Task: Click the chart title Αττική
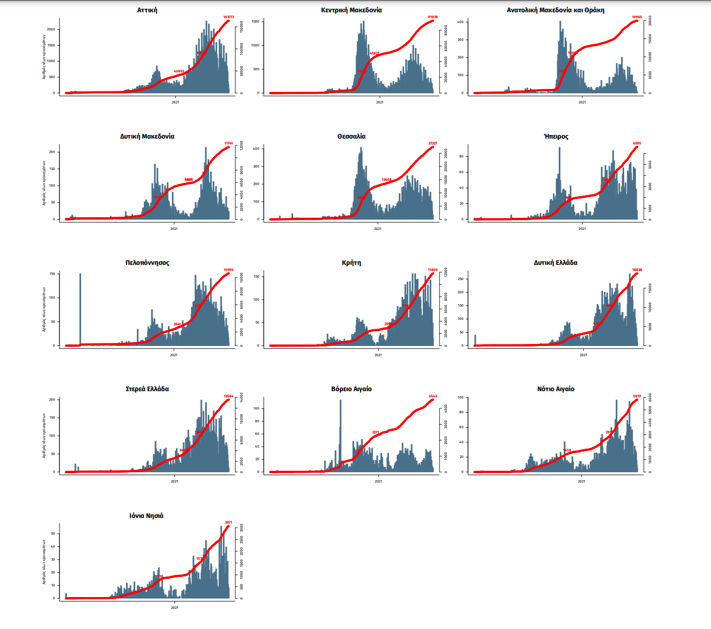tap(147, 10)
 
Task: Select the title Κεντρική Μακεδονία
tap(352, 10)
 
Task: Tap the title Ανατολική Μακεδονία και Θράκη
tap(555, 10)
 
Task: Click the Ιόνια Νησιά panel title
tap(146, 515)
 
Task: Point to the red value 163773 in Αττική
tap(229, 17)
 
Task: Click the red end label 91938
tap(433, 17)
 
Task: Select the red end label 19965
tap(637, 17)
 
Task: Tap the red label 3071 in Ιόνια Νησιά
tap(228, 522)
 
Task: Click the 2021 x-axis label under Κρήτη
tap(378, 355)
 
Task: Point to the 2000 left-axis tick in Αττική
tap(51, 29)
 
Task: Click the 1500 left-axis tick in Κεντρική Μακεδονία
tap(255, 22)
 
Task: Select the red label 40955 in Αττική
tap(179, 71)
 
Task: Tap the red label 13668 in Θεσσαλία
tap(386, 180)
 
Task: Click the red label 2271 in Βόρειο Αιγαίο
tap(376, 432)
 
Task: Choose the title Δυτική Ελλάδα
tap(555, 263)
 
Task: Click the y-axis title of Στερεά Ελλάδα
tap(44, 435)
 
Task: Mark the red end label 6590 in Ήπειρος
tap(637, 143)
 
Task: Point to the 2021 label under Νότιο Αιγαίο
tap(581, 481)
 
